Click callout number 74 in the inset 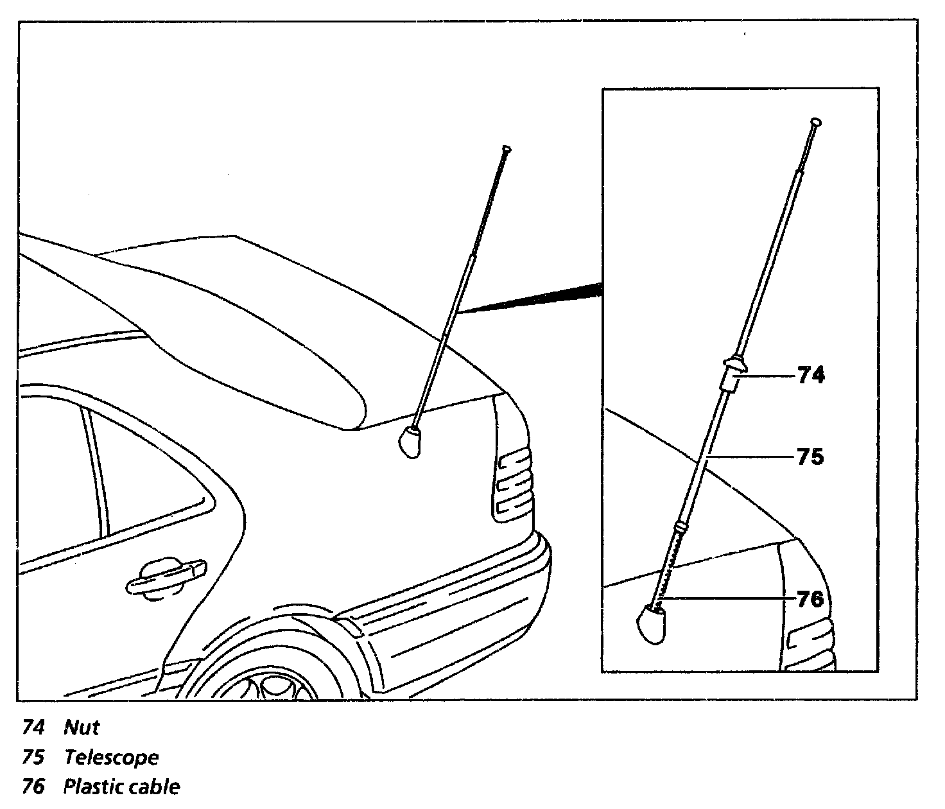811,375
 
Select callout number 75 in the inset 810,457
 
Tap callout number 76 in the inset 810,598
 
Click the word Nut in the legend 82,727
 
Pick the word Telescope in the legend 111,758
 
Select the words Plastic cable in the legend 121,787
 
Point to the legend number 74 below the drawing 33,727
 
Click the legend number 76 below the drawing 33,787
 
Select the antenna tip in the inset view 816,121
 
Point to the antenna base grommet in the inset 650,625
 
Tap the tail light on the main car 514,482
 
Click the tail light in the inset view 809,639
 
